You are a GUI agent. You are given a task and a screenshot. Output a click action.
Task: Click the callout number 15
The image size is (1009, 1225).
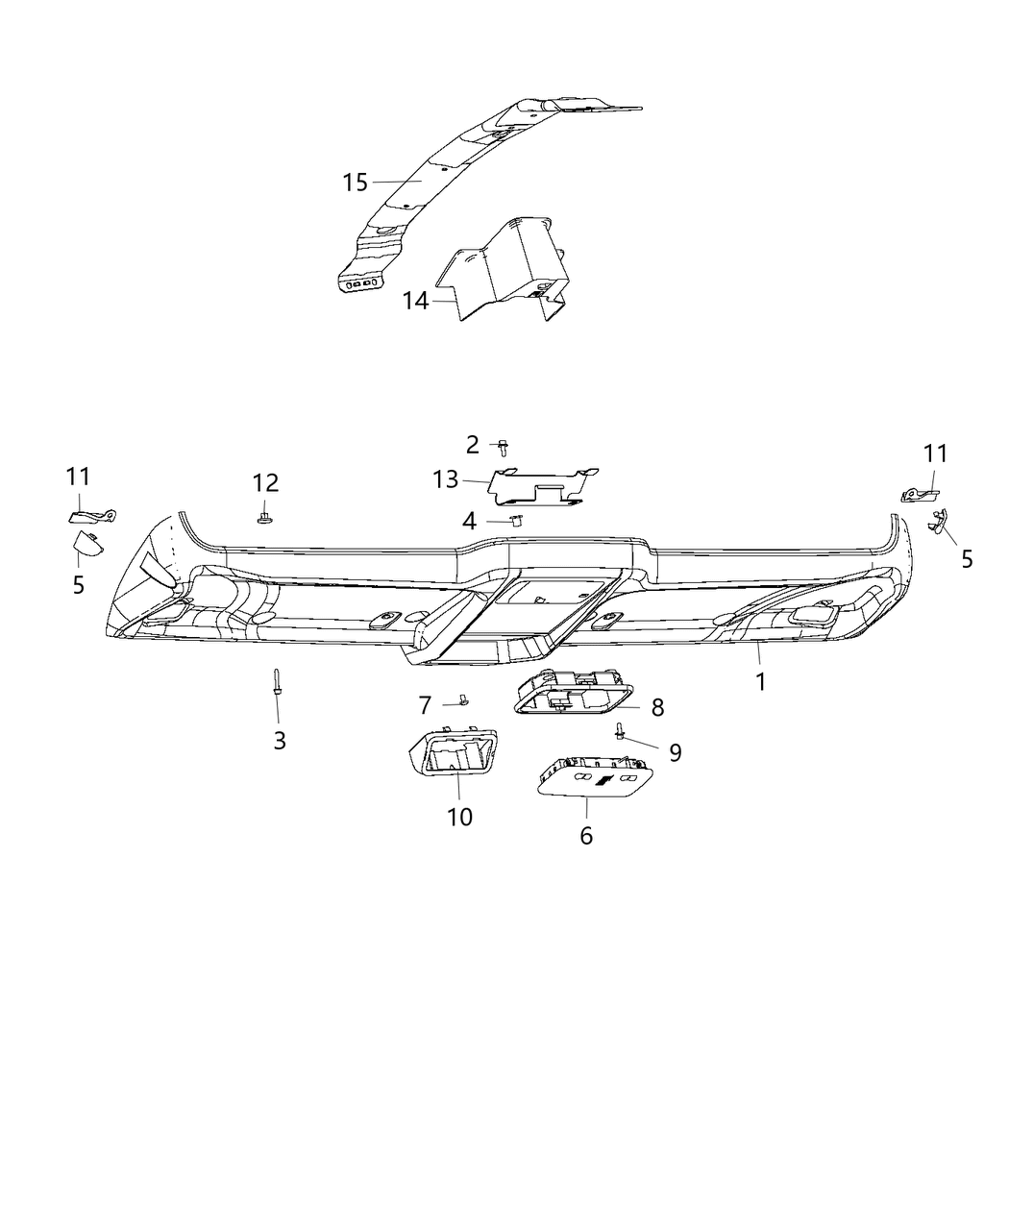click(355, 182)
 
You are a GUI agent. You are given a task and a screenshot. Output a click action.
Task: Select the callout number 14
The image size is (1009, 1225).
click(415, 301)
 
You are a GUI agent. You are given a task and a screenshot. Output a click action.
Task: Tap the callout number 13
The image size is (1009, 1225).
click(446, 478)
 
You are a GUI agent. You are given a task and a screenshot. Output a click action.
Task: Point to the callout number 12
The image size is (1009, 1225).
click(265, 482)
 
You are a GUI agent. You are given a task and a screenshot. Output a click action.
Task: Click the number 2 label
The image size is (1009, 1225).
click(472, 444)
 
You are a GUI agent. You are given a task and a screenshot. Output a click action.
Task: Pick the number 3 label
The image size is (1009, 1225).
click(280, 740)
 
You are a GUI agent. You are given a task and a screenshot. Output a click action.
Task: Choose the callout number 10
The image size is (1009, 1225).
click(460, 817)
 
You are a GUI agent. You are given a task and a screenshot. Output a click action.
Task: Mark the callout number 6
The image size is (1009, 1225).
click(586, 836)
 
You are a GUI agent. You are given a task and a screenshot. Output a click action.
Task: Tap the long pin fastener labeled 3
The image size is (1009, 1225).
click(277, 680)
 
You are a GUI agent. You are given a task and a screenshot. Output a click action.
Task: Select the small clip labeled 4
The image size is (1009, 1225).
click(515, 520)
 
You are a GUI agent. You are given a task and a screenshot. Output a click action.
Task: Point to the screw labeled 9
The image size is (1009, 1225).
click(620, 733)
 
